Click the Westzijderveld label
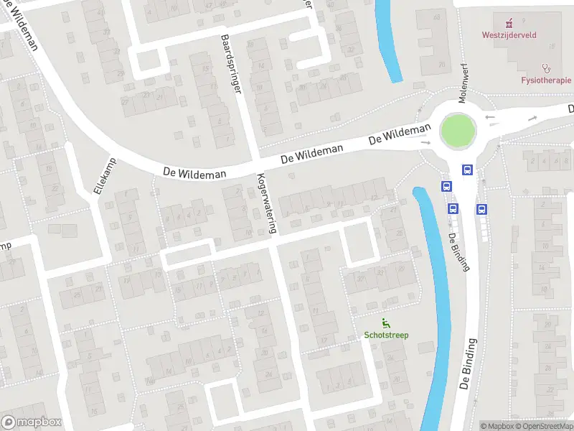click(509, 34)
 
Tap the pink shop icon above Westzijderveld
click(509, 22)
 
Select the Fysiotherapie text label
click(546, 80)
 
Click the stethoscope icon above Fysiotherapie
click(546, 68)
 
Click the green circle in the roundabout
click(458, 131)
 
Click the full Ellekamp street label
click(104, 177)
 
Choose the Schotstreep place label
click(386, 335)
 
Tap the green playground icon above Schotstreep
click(386, 323)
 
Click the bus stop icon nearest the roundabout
click(467, 170)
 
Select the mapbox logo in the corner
click(31, 422)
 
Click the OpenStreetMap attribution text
click(543, 426)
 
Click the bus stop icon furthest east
click(481, 209)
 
